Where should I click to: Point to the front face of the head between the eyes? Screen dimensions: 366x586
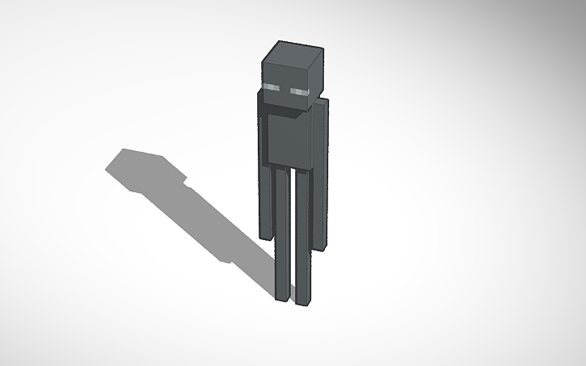click(x=286, y=91)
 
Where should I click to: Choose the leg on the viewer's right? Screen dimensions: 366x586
click(x=303, y=238)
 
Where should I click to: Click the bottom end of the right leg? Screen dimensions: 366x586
click(x=301, y=301)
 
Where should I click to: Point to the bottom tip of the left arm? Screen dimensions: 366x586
click(x=264, y=236)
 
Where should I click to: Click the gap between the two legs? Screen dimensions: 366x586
click(x=293, y=242)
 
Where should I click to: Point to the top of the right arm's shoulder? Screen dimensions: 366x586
click(x=322, y=101)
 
